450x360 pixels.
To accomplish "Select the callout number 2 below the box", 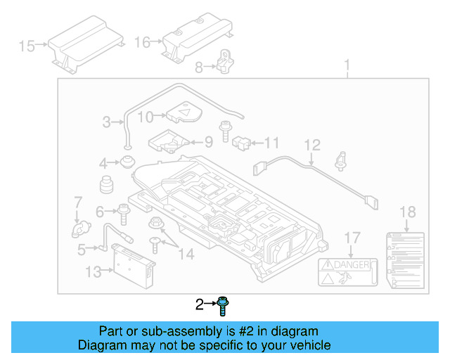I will click(x=200, y=304).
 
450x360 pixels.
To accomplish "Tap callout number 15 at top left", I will click(x=27, y=46).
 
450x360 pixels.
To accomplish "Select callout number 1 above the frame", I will click(x=347, y=67).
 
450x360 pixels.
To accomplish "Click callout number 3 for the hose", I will click(x=106, y=122).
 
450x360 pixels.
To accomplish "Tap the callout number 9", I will click(x=208, y=141).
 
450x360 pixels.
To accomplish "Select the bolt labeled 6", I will click(x=125, y=210).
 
